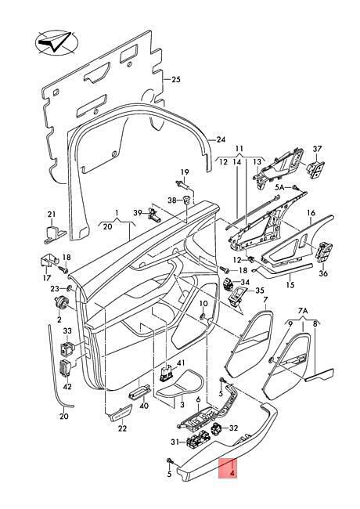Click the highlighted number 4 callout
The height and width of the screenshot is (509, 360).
tap(232, 474)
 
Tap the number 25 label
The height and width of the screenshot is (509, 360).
tap(176, 79)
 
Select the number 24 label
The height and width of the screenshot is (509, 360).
tap(221, 139)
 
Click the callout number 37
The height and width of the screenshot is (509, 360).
tap(317, 149)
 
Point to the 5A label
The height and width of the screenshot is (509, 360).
tap(280, 187)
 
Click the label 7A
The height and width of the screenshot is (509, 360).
tap(303, 311)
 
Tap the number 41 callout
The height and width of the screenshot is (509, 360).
tap(180, 363)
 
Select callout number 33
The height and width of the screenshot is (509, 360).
tap(67, 330)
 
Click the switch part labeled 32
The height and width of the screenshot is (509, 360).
tap(218, 430)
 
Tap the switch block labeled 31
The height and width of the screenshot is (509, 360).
tap(196, 442)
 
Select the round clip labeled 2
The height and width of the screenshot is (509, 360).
tap(62, 303)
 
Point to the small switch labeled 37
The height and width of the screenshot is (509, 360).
tap(315, 168)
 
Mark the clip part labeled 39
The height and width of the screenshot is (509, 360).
tap(154, 215)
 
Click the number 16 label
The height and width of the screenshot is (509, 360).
tap(311, 213)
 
